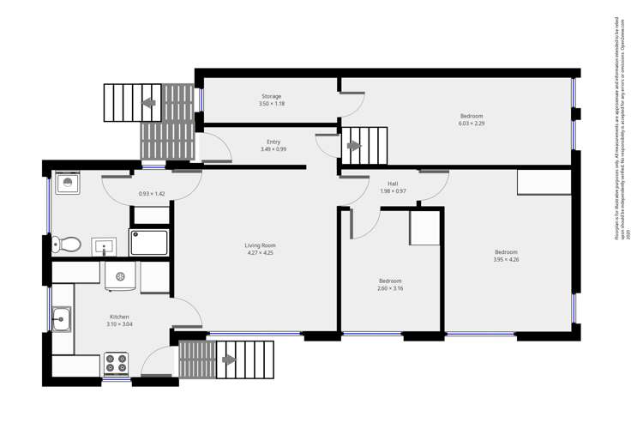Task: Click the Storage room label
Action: coord(271,97)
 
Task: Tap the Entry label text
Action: coord(273,142)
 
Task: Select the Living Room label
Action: coord(261,246)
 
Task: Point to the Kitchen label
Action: coord(119,317)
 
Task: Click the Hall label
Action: coord(393,184)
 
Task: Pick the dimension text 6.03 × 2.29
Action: coord(472,124)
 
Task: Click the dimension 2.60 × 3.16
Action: coord(390,288)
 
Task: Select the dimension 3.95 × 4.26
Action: coord(506,259)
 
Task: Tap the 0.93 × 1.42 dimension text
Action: coord(151,194)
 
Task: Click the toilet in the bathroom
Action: coord(67,245)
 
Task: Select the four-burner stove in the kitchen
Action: coord(116,364)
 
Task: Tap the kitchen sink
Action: coord(61,319)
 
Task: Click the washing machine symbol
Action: coord(120,277)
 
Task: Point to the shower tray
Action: coord(149,242)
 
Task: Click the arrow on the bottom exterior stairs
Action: coord(228,360)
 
